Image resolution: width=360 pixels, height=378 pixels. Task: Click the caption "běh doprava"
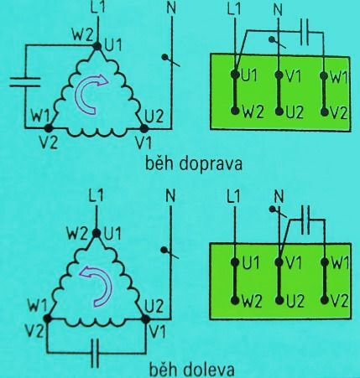point(194,164)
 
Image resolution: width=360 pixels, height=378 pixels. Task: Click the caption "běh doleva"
point(191,369)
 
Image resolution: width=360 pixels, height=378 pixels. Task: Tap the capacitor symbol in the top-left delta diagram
point(25,82)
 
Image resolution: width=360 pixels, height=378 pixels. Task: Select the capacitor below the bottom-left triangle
point(96,353)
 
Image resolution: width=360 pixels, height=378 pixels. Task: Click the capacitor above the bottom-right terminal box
point(305,220)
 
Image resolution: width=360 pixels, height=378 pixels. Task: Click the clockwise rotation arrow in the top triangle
point(90,93)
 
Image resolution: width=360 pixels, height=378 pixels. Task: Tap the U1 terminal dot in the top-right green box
point(235,75)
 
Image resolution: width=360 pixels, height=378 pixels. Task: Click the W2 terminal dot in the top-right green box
point(235,111)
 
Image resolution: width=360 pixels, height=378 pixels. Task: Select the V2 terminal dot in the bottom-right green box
point(325,300)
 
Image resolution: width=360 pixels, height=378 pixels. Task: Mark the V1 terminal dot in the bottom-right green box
point(279,262)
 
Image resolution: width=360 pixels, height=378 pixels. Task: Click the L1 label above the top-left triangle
point(98,8)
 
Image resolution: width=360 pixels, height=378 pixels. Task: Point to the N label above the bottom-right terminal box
point(279,196)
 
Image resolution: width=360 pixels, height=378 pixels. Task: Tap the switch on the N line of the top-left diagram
point(170,61)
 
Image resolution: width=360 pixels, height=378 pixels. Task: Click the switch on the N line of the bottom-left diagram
point(170,253)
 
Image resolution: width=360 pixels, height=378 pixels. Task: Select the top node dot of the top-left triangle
point(97,46)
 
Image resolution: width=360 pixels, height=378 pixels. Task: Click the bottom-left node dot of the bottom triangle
point(47,318)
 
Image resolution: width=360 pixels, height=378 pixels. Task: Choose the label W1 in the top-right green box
point(339,76)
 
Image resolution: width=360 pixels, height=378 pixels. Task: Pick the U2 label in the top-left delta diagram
point(154,116)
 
